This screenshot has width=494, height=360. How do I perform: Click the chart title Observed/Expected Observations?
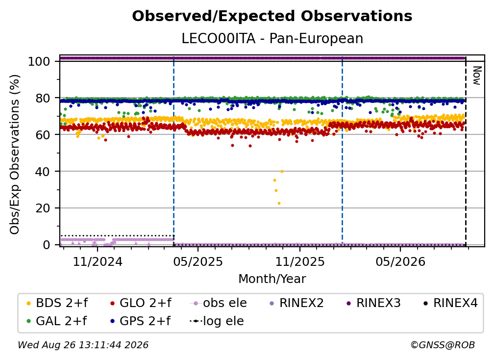pos(272,16)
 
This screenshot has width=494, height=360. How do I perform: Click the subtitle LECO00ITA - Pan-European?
pos(272,38)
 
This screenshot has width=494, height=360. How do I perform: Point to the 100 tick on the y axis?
pos(39,61)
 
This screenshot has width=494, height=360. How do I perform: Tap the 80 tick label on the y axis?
pos(43,98)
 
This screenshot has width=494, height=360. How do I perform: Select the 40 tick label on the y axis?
pos(43,172)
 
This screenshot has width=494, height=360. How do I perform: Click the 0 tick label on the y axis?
pos(47,245)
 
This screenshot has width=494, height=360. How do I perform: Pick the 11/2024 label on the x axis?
pos(98,261)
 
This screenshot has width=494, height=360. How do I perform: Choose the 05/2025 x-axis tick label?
pos(198,261)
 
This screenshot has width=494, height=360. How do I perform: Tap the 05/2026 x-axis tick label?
pos(400,261)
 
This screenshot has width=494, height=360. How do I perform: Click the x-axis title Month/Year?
pos(272,279)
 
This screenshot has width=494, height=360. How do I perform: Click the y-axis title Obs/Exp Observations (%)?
pos(15,154)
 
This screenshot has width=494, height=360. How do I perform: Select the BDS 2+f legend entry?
pos(57,303)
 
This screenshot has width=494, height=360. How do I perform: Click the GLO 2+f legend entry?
pos(141,303)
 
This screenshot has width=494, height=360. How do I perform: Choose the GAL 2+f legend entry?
pos(56,321)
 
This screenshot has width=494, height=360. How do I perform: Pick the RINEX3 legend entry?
pos(373,303)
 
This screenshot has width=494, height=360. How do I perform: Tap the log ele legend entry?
pos(217,321)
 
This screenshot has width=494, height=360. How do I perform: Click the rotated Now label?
pos(477,76)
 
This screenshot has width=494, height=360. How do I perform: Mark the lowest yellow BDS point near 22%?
pos(279,204)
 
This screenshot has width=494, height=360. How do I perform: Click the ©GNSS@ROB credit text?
pos(443,345)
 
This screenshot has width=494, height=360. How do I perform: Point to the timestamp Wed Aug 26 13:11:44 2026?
pos(83,345)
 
